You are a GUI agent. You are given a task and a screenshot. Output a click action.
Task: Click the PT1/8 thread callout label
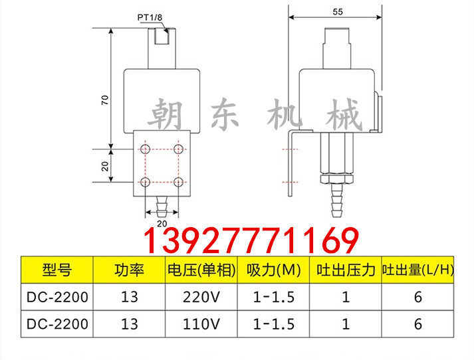pyautogui.click(x=151, y=18)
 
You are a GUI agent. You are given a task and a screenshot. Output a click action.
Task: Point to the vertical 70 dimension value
pyautogui.click(x=105, y=100)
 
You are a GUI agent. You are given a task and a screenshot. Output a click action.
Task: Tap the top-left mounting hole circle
pyautogui.click(x=146, y=147)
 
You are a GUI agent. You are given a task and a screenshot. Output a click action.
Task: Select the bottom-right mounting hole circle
pyautogui.click(x=178, y=181)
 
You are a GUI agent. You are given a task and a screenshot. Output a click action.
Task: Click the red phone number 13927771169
pyautogui.click(x=251, y=240)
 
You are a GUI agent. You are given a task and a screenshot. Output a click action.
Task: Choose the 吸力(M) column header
pyautogui.click(x=273, y=270)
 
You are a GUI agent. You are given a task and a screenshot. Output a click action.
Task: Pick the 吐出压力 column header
pyautogui.click(x=346, y=270)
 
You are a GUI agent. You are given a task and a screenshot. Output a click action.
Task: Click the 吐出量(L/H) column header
pyautogui.click(x=417, y=270)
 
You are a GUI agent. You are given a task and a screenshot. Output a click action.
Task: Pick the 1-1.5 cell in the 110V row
pyautogui.click(x=273, y=323)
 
